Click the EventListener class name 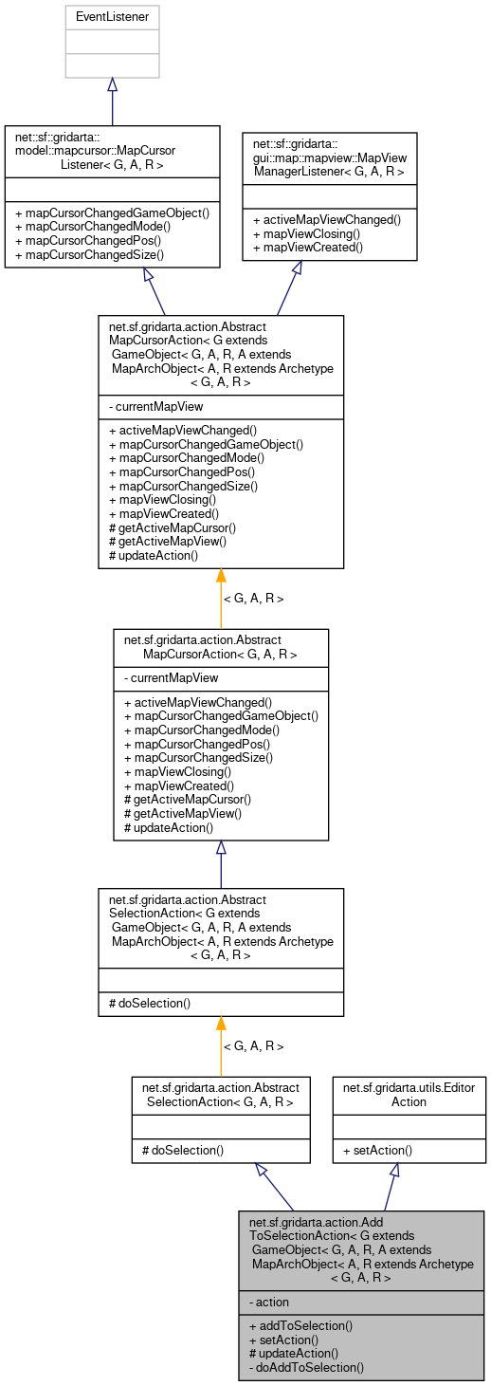coord(112,16)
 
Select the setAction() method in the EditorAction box coord(375,1150)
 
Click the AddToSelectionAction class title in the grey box coord(360,1250)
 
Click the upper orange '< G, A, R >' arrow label coord(253,599)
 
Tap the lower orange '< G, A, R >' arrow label coord(253,1046)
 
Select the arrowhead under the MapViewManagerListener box coord(297,268)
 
